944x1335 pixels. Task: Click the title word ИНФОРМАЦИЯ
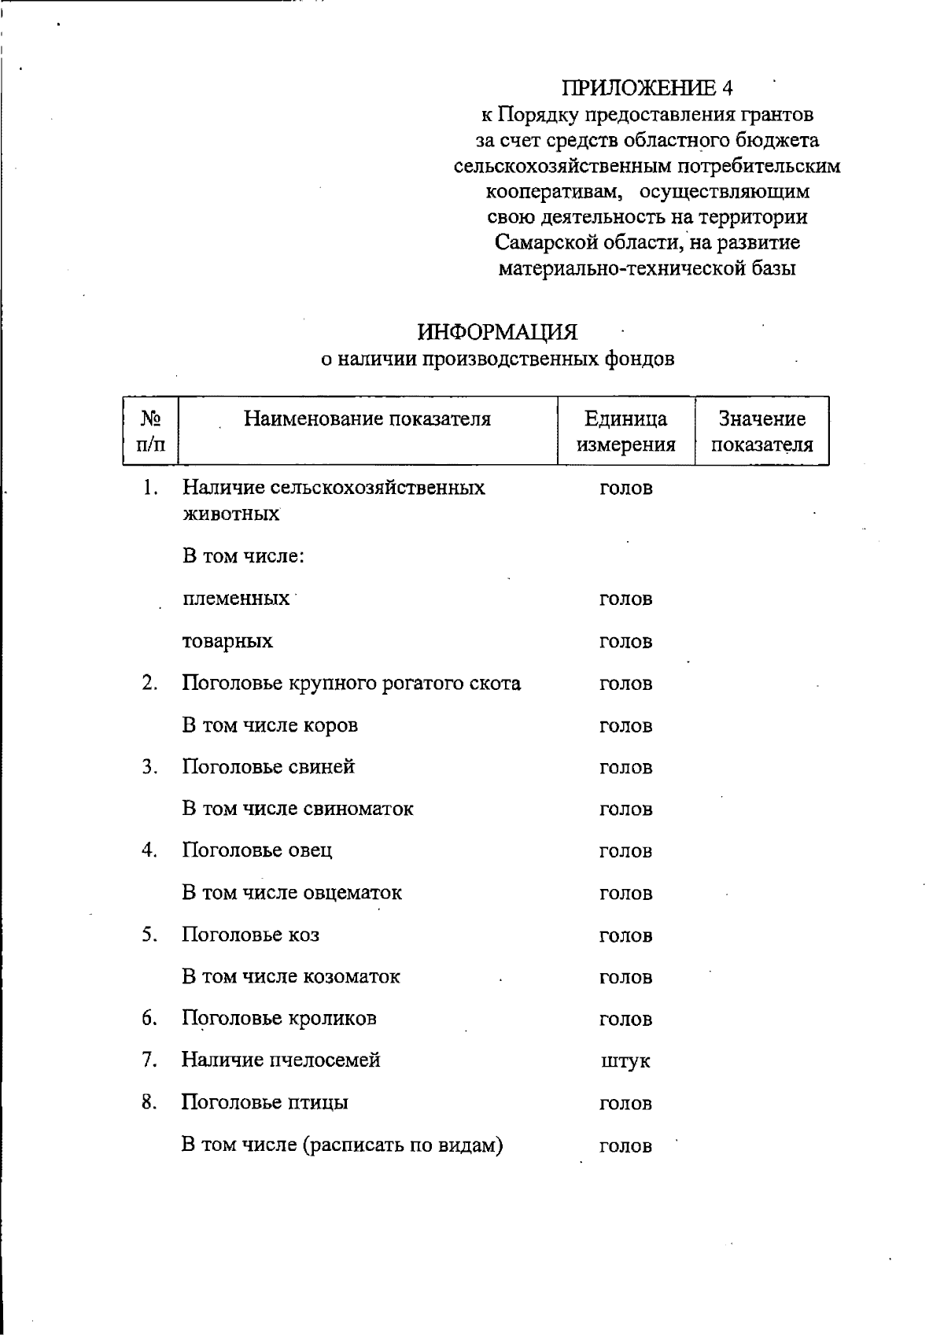click(x=497, y=333)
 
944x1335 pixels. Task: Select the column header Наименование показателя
click(x=367, y=419)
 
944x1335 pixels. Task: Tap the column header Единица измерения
click(x=625, y=432)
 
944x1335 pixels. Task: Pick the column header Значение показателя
click(x=761, y=432)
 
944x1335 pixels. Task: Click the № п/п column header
click(x=150, y=432)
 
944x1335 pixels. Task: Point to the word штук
click(x=625, y=1062)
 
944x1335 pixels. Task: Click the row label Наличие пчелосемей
click(x=281, y=1060)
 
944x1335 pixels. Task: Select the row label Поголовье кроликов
click(x=279, y=1019)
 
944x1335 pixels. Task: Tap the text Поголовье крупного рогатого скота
click(x=351, y=683)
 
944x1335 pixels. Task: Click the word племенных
click(x=236, y=599)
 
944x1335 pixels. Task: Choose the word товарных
click(x=227, y=641)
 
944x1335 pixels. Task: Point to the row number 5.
click(x=149, y=935)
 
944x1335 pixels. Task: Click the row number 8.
click(x=149, y=1102)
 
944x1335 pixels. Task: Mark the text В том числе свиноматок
click(x=297, y=809)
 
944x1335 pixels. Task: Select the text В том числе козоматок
click(x=291, y=977)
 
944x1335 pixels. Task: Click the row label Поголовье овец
click(x=257, y=850)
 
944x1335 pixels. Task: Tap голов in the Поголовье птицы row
click(x=625, y=1104)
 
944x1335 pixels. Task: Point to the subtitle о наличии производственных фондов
click(x=497, y=360)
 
